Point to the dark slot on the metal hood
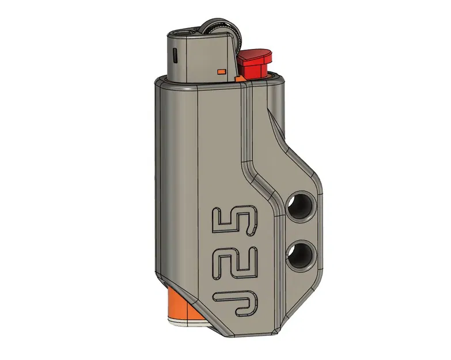point(175,56)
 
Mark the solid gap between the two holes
point(301,230)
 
